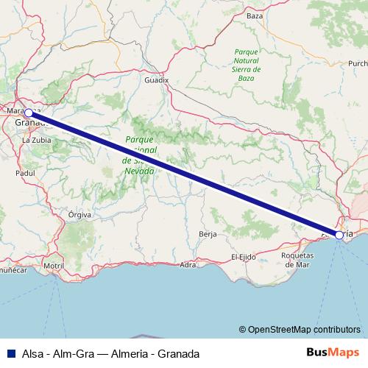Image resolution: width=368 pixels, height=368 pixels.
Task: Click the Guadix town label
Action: (158, 77)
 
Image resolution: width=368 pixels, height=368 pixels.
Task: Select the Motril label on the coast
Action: (54, 265)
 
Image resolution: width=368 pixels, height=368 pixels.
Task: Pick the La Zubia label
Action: (35, 138)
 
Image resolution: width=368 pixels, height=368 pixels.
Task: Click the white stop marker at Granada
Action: (28, 113)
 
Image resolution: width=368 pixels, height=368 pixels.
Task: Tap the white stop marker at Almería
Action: (339, 235)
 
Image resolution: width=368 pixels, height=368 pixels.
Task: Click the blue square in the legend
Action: (8, 354)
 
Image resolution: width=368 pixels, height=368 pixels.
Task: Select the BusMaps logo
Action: (333, 353)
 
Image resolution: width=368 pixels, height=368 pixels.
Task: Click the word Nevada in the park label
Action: (141, 171)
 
